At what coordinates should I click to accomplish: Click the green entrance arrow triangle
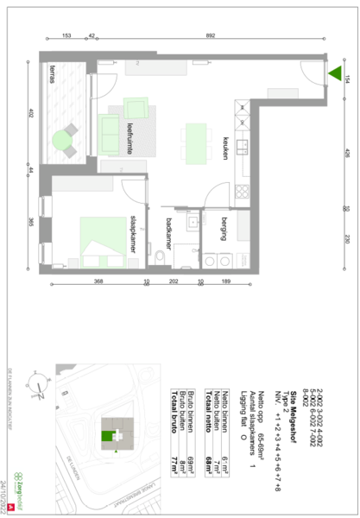(x=334, y=73)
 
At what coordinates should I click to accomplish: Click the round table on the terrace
(x=62, y=139)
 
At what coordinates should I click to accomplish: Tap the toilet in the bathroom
(x=161, y=259)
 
